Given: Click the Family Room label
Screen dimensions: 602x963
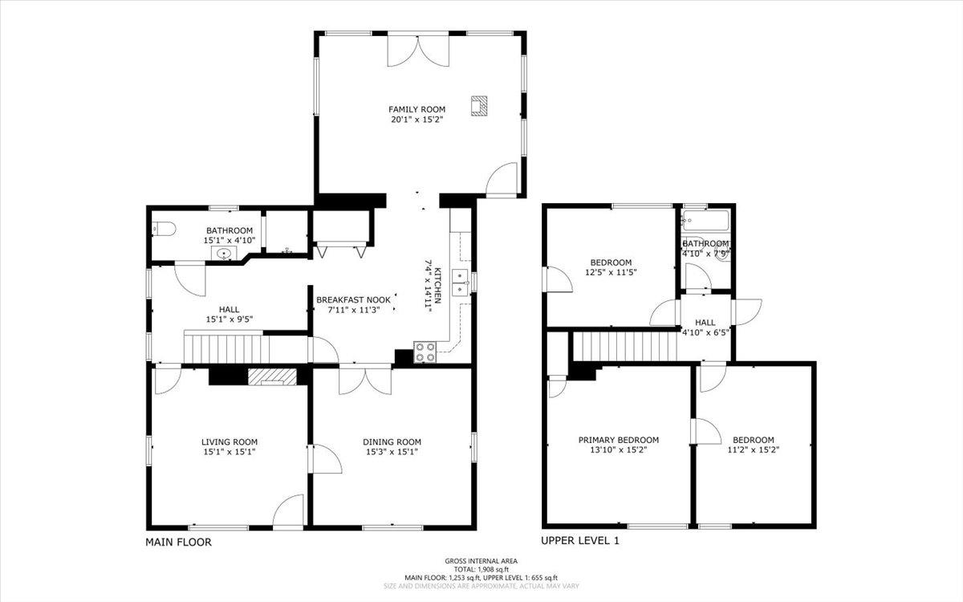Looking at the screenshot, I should tap(416, 109).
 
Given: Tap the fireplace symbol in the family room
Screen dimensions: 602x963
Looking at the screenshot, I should tap(479, 105).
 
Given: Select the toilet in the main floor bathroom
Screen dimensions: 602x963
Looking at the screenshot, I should tap(163, 230).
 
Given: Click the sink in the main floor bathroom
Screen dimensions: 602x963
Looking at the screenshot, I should tap(225, 254).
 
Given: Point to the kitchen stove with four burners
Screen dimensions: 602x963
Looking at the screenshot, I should tap(425, 352).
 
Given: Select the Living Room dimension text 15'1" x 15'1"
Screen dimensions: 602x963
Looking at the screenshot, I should tap(229, 452).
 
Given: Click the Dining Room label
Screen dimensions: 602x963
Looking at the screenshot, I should tap(392, 441).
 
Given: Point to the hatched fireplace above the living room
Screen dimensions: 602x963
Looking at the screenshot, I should tap(271, 376).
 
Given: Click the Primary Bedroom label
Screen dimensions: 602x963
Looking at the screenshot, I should tap(619, 440).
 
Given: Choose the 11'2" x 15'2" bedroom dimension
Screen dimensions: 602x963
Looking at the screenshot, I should tap(753, 450).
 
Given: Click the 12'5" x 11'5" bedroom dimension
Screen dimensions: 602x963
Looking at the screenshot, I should tap(611, 273).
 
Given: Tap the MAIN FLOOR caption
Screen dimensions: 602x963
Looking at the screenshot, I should tap(178, 543).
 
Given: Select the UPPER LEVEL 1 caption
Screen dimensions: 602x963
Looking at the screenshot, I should tap(580, 541).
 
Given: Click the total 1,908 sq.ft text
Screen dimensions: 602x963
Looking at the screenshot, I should tap(481, 569).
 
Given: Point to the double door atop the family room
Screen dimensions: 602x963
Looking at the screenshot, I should tap(417, 50).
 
